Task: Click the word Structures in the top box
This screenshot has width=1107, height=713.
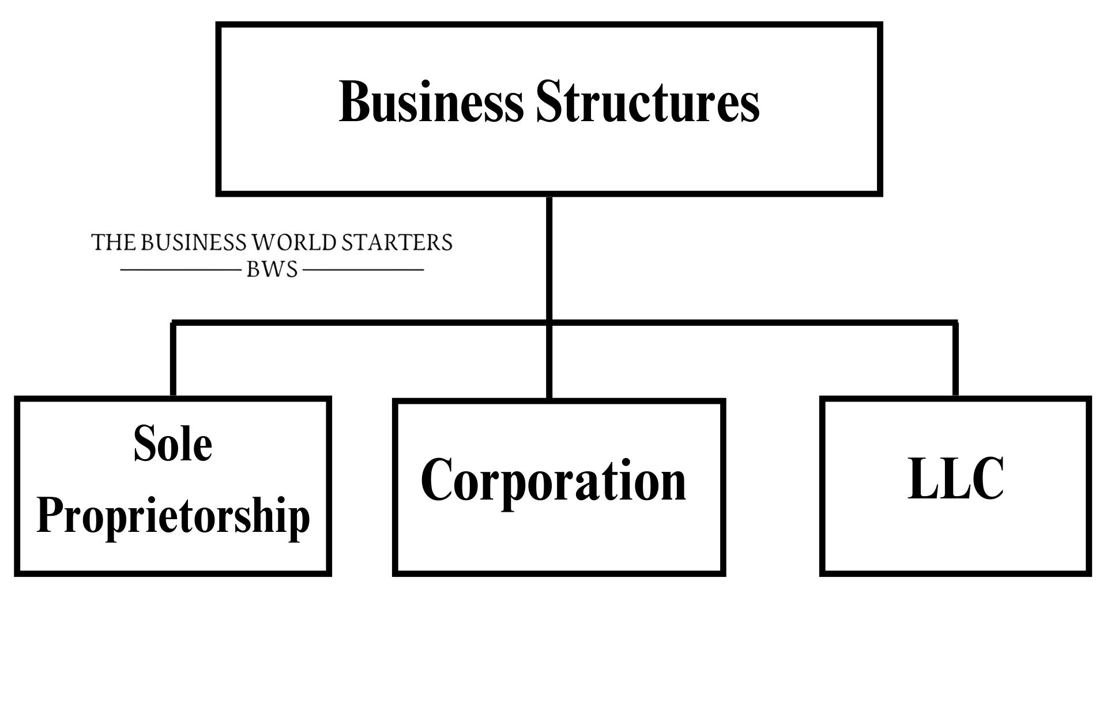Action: coord(647,102)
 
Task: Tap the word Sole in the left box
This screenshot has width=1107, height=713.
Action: coord(172,445)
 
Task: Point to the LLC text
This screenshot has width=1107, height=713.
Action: coord(955,479)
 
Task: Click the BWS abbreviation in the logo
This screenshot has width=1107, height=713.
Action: coord(272,270)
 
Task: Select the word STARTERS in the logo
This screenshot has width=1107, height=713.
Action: coord(397,243)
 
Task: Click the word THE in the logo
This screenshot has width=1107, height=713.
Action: coord(114,243)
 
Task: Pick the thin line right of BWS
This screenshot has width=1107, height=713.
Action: coord(363,270)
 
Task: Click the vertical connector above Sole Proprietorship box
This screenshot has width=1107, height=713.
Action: coord(173,359)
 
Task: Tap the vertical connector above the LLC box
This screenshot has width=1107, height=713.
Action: coord(955,359)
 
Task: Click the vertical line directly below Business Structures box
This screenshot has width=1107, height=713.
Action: coord(549,257)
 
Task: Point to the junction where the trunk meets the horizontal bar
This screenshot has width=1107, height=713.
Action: coord(549,322)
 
